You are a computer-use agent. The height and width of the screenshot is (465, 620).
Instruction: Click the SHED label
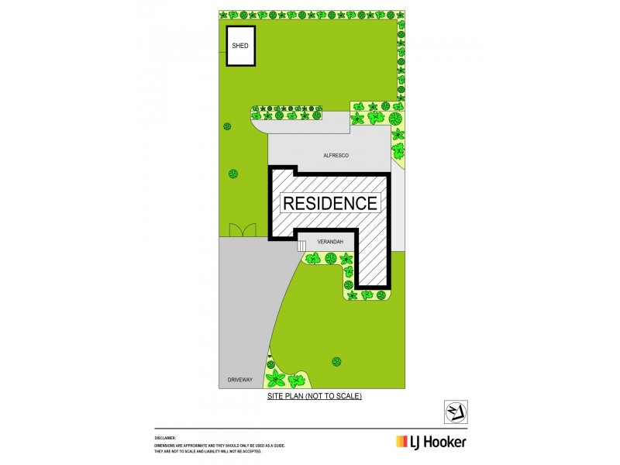pos(240,46)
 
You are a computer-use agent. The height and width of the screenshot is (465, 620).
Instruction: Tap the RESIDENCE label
pos(330,203)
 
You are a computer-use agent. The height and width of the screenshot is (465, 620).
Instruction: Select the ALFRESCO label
pos(336,156)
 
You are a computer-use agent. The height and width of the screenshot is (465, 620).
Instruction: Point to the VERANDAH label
pos(330,242)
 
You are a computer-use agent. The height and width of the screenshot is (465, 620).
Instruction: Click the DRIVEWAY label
pos(240,380)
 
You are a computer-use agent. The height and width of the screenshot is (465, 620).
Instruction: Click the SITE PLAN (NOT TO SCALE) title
pos(315,396)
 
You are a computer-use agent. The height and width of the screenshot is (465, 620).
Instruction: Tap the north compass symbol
pos(455,411)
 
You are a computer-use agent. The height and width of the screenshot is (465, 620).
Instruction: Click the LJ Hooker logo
pos(431,442)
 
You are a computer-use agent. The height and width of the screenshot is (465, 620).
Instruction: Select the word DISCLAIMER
pos(166,438)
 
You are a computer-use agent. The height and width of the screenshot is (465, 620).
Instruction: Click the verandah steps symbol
pos(301,246)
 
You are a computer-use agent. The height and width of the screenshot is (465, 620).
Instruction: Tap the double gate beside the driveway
pos(243,229)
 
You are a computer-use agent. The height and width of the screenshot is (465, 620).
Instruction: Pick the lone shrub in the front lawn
pos(337,361)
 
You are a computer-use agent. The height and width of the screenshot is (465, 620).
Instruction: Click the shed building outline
pos(240,46)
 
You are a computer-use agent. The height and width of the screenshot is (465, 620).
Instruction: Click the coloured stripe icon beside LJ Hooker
pos(402,442)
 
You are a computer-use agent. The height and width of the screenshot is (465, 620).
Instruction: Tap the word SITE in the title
pos(275,396)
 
